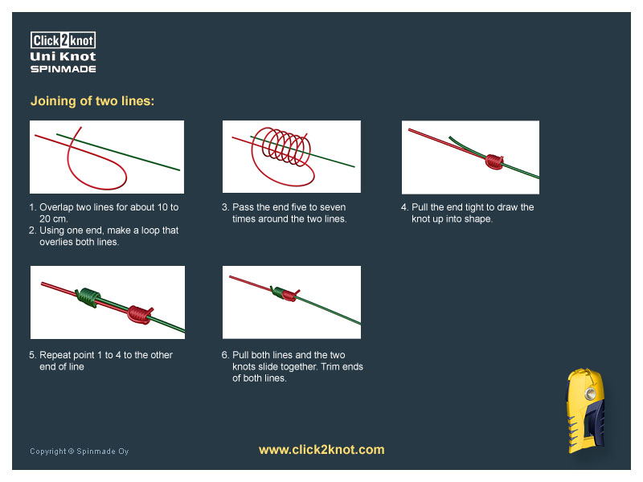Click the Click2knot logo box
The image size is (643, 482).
[x=63, y=40]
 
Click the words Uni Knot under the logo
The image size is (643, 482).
[x=63, y=56]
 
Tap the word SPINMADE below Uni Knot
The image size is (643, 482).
[x=63, y=69]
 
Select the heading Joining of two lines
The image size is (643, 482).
[x=92, y=101]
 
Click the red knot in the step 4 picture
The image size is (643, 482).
[x=494, y=161]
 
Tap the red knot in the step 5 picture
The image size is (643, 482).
[x=140, y=314]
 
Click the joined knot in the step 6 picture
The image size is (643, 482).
[x=285, y=293]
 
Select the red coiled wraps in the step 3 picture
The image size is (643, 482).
[x=281, y=147]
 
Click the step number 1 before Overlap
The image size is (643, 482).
[x=32, y=207]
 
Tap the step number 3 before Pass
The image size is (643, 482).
[x=225, y=207]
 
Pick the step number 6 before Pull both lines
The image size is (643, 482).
[x=225, y=355]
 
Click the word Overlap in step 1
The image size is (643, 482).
[x=56, y=207]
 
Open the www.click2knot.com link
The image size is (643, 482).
[x=321, y=450]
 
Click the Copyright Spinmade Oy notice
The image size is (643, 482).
[x=79, y=451]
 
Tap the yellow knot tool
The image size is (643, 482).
[x=586, y=411]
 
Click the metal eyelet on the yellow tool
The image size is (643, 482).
[x=589, y=394]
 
